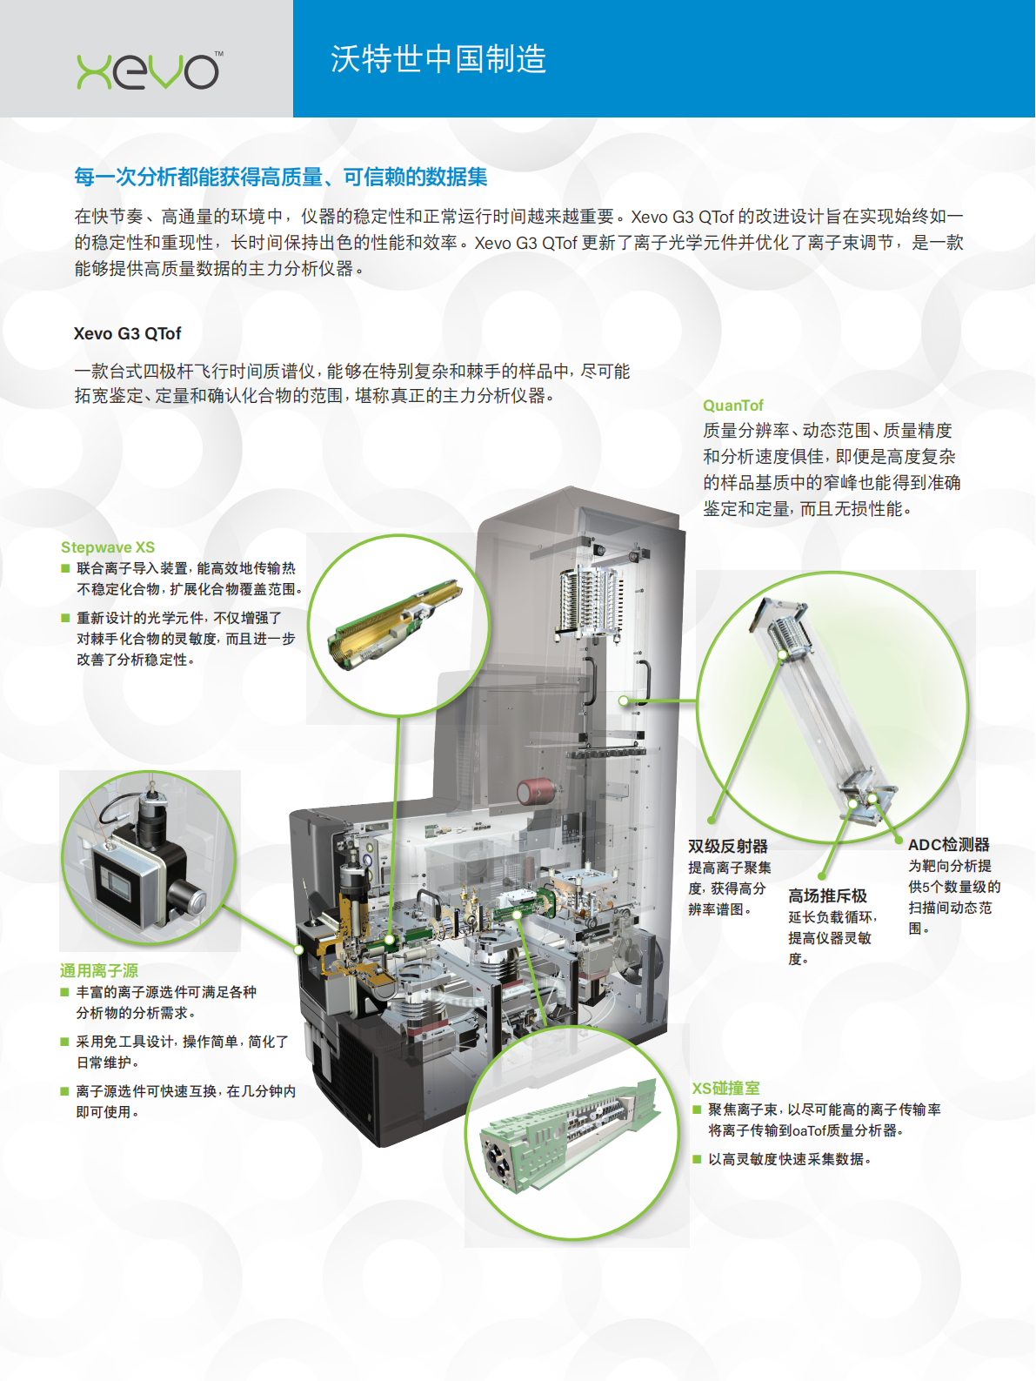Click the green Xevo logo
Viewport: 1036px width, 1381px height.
click(149, 70)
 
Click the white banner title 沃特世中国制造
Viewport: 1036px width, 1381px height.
click(438, 59)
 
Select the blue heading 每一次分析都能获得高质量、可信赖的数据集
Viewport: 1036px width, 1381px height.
click(280, 177)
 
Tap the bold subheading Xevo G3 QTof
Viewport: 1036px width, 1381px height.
click(127, 333)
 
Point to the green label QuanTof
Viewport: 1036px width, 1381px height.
click(732, 406)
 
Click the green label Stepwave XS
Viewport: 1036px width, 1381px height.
click(108, 547)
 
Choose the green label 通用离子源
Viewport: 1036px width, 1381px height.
click(98, 971)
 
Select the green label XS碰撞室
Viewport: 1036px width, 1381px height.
click(725, 1089)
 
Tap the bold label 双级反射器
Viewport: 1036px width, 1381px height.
click(727, 846)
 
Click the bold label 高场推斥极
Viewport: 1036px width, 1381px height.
click(827, 896)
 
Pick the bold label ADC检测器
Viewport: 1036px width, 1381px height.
click(949, 845)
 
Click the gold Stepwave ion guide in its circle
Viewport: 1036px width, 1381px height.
click(395, 624)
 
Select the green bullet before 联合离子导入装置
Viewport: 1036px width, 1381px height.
click(65, 568)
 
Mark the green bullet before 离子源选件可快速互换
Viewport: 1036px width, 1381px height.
click(64, 1091)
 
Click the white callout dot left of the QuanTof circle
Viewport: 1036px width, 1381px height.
click(623, 701)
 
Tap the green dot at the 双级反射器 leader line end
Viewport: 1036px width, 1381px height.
click(712, 820)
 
